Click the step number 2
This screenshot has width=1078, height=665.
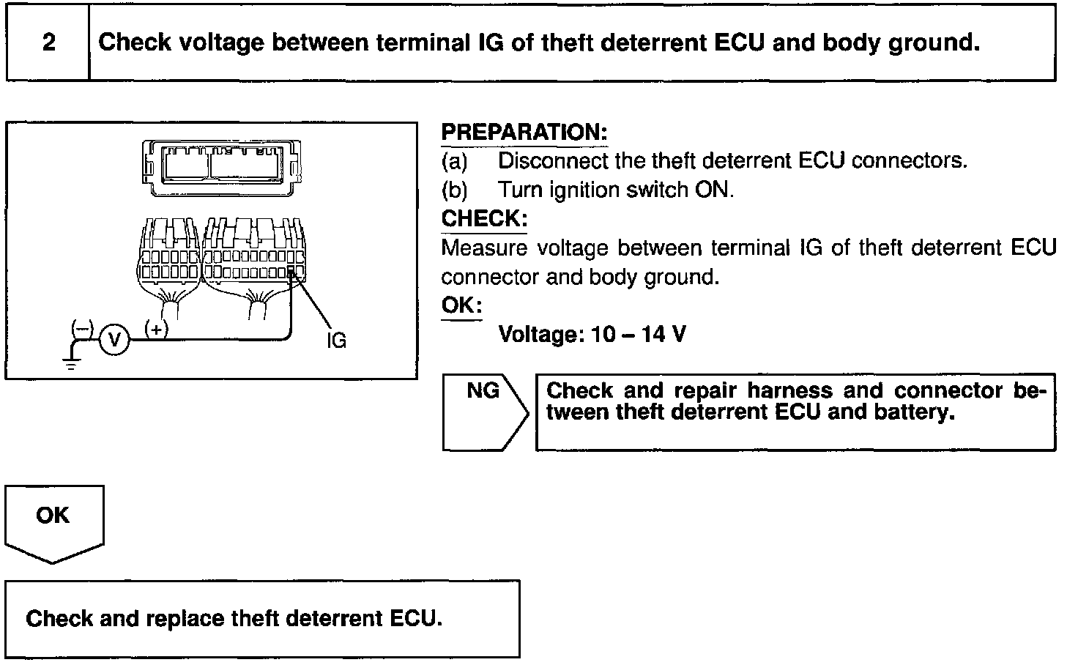point(48,42)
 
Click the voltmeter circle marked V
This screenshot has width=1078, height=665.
point(114,339)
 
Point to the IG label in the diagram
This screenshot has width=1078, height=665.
point(336,341)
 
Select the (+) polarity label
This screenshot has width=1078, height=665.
point(157,329)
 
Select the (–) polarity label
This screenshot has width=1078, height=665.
point(81,329)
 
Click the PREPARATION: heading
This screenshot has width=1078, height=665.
point(524,133)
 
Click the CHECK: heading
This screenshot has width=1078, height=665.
point(484,219)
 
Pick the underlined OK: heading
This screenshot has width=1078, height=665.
point(461,305)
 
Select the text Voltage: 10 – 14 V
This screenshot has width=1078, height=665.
point(592,335)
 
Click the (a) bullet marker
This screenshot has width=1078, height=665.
point(454,160)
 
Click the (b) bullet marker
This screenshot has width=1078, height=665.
point(454,190)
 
